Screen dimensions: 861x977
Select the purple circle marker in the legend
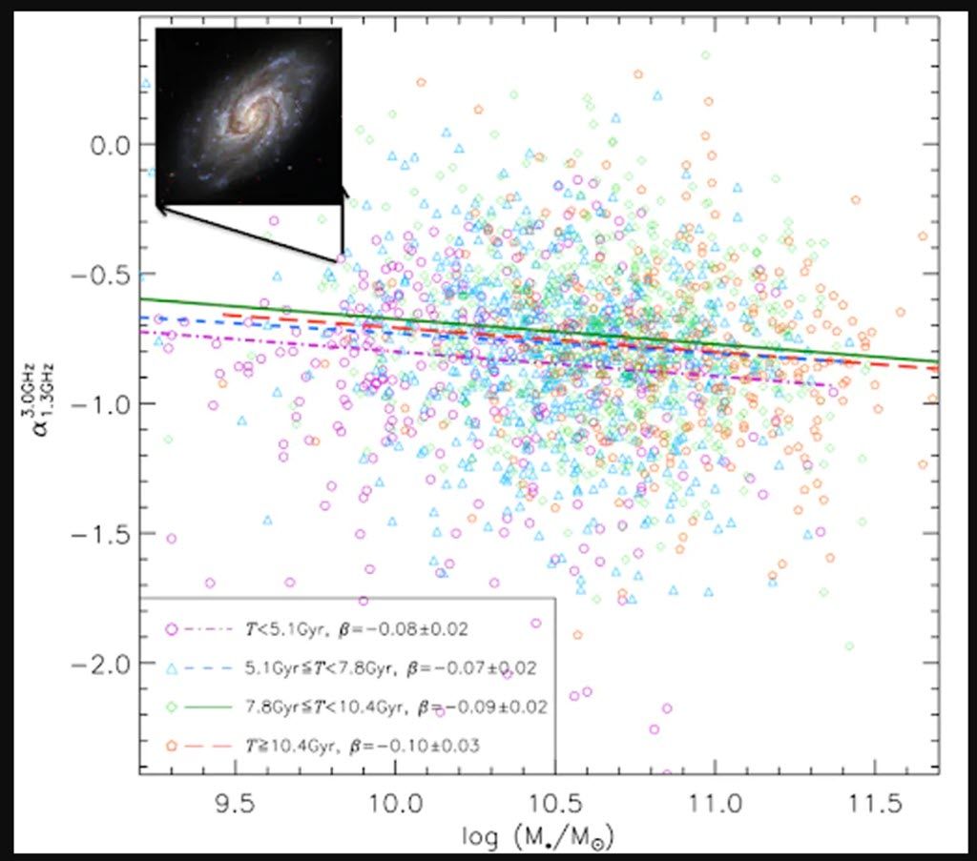click(x=172, y=629)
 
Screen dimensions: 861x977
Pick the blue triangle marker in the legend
click(x=172, y=667)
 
